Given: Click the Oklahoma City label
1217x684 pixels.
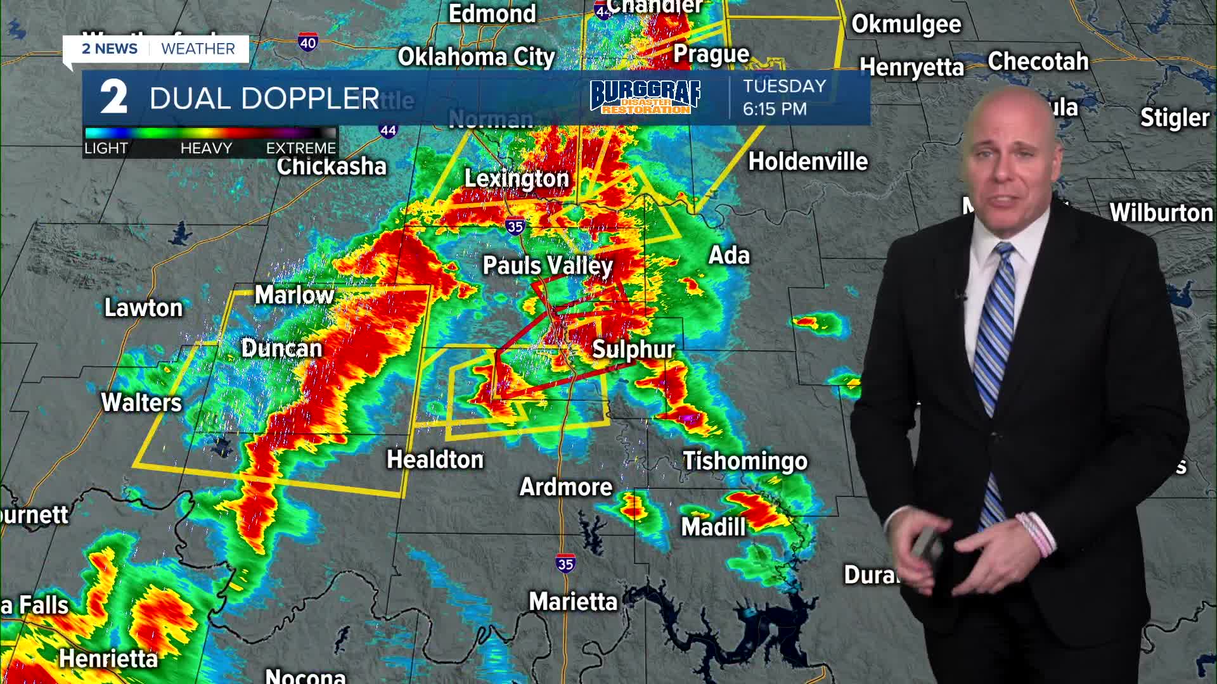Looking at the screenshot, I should tap(476, 57).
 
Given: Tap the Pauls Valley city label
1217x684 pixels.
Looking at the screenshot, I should tap(548, 265).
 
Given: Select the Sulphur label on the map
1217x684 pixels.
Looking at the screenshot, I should tap(633, 349).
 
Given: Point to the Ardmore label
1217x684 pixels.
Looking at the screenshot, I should tap(565, 487).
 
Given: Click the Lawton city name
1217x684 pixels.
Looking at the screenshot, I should tap(143, 308).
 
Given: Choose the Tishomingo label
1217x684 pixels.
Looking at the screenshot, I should tap(745, 461).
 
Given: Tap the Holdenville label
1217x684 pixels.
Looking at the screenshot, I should tap(808, 161).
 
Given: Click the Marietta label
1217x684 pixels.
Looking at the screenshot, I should tap(573, 602).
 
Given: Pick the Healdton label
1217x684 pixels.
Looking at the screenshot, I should tap(435, 460).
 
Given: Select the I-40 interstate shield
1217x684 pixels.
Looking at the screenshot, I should tap(308, 43).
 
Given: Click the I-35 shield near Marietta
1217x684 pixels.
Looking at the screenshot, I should tap(565, 563).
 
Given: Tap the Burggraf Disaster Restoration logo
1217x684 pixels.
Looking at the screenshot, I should tap(645, 97).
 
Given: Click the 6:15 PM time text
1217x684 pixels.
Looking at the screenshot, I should tap(775, 109).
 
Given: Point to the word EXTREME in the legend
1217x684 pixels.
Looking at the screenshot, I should tap(300, 148).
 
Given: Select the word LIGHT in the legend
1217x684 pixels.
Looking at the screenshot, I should tap(106, 148).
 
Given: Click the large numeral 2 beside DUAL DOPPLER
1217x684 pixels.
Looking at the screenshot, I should tap(113, 98).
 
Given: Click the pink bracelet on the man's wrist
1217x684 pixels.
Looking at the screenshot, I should tap(1037, 532).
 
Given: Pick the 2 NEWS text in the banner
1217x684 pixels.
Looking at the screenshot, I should tap(110, 49).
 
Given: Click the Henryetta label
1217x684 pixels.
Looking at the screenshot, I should tap(911, 67).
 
